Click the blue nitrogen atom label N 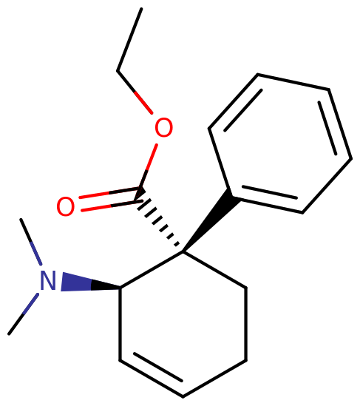pos(48,280)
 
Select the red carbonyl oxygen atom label pos(66,206)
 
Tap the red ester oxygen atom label pos(163,127)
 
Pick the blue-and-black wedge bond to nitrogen pos(91,282)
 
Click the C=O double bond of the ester pos(112,200)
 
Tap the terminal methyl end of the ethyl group pos(141,9)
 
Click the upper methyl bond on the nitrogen pos(31,242)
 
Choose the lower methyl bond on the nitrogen pos(24,314)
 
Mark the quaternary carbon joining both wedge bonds pos(183,251)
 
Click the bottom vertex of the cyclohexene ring pos(183,396)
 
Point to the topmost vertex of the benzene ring pos(257,74)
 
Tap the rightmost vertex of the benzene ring pos(351,158)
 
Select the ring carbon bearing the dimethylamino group pos(120,288)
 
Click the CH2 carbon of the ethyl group pos(118,70)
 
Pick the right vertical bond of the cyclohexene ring pos(245,324)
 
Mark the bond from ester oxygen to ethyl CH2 pos(135,92)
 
